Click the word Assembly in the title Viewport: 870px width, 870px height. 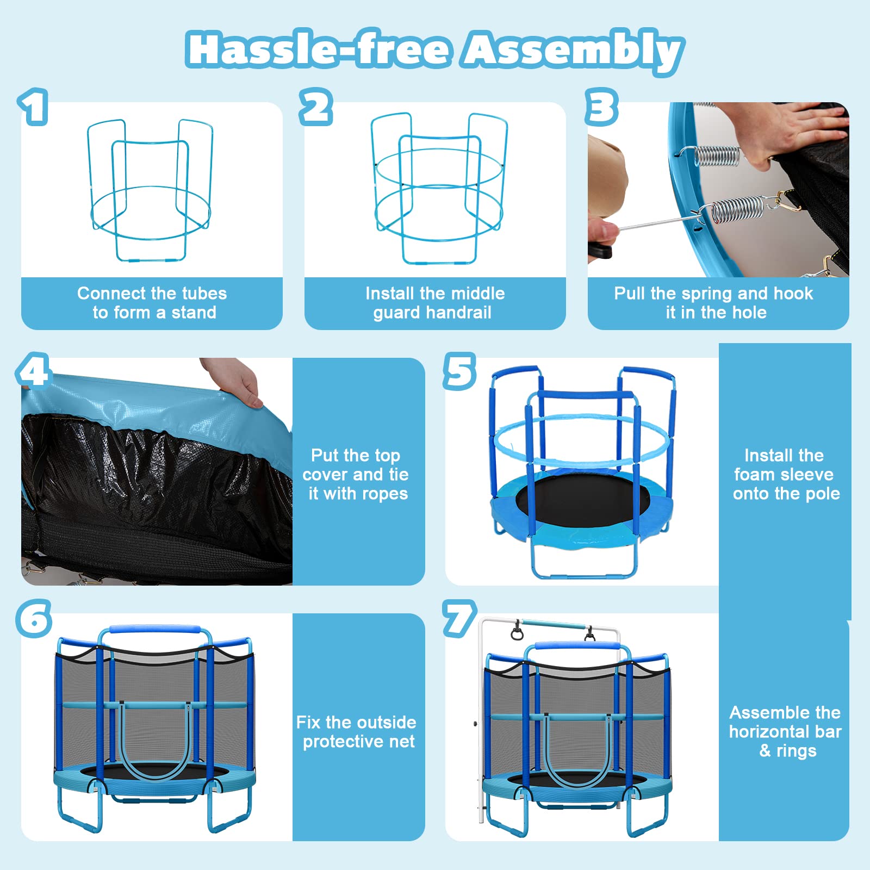[x=573, y=51]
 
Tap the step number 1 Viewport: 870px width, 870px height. [x=33, y=107]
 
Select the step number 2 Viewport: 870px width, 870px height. [x=316, y=107]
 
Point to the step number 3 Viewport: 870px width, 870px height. [x=601, y=107]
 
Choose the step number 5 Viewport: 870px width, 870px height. [x=460, y=371]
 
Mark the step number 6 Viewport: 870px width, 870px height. [x=34, y=618]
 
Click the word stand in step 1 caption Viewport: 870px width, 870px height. [x=194, y=313]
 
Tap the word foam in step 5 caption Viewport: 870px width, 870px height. [x=753, y=474]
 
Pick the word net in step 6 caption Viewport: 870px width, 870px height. [x=402, y=742]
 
